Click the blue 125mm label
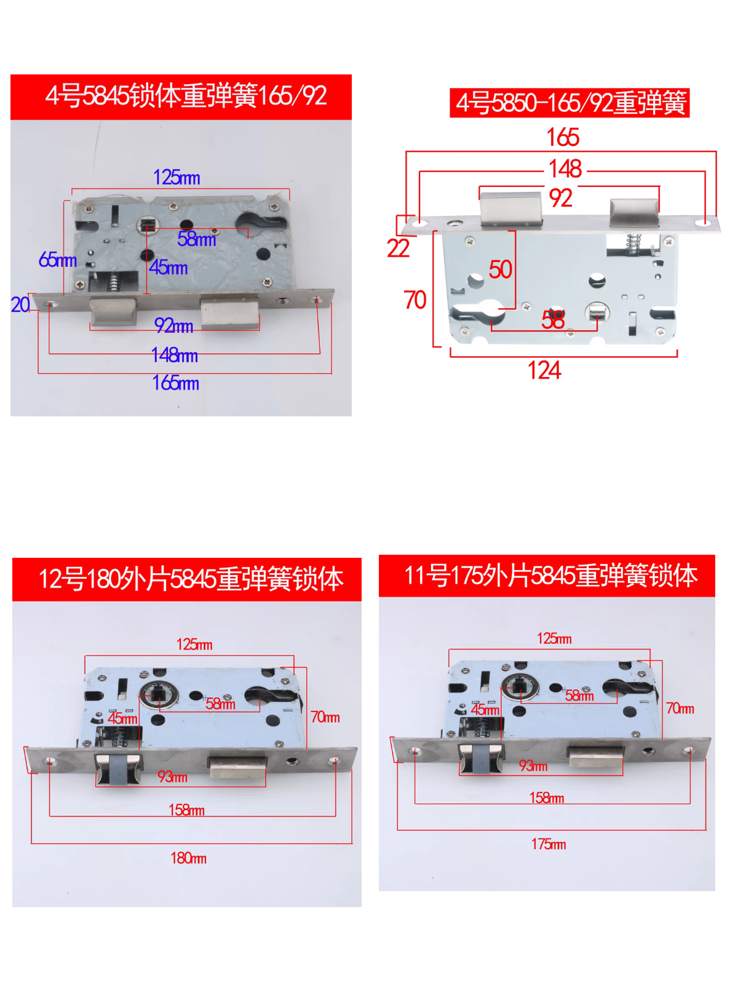177,178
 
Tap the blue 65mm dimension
57,260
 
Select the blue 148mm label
175,355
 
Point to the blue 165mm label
175,383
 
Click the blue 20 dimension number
20,305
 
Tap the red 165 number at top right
563,137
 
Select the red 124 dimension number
544,371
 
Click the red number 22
398,248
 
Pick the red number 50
500,269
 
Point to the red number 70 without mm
415,300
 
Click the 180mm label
188,858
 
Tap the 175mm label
549,844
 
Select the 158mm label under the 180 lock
186,810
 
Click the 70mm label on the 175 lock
680,709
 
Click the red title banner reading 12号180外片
187,579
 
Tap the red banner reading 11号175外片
547,576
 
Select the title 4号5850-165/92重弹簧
569,103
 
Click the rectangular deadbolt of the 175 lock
596,756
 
